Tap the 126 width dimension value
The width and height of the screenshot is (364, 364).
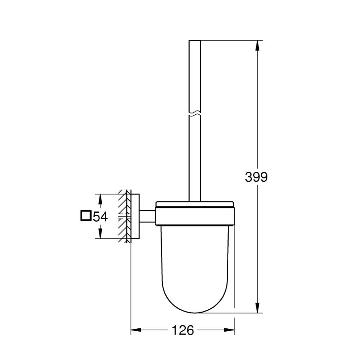pos(183,330)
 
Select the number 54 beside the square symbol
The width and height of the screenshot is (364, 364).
pos(100,217)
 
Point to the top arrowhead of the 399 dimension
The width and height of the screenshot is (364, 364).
pos(257,45)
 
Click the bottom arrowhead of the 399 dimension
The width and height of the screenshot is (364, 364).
pos(257,308)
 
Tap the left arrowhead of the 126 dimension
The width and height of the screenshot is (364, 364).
pos(136,330)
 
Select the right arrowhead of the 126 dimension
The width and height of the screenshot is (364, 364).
pos(229,330)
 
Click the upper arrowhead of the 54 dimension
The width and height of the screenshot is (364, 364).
pos(100,199)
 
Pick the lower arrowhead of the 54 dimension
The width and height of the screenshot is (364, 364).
pos(100,233)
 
